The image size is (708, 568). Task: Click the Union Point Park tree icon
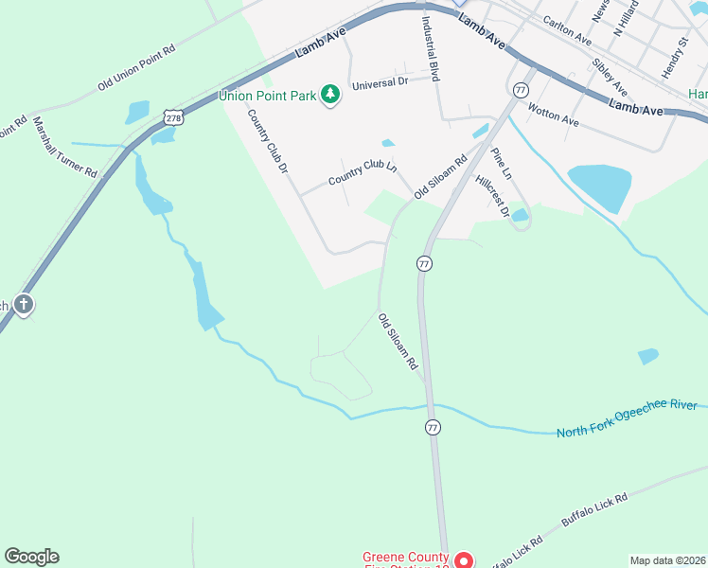pyautogui.click(x=330, y=95)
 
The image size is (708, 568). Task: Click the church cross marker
pyautogui.click(x=24, y=305)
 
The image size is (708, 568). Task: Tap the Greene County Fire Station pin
pyautogui.click(x=464, y=559)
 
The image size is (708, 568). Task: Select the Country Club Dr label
pyautogui.click(x=267, y=142)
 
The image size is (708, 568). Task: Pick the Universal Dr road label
pyautogui.click(x=379, y=84)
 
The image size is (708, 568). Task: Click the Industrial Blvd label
pyautogui.click(x=431, y=46)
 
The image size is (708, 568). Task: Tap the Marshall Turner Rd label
pyautogui.click(x=65, y=148)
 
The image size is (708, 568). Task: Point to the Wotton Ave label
pyautogui.click(x=554, y=115)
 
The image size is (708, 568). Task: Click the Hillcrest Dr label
pyautogui.click(x=492, y=196)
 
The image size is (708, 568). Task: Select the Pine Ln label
pyautogui.click(x=501, y=163)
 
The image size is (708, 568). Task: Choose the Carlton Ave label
pyautogui.click(x=566, y=30)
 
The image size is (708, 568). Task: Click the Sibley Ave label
pyautogui.click(x=609, y=77)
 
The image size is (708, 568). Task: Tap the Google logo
pyautogui.click(x=31, y=557)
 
